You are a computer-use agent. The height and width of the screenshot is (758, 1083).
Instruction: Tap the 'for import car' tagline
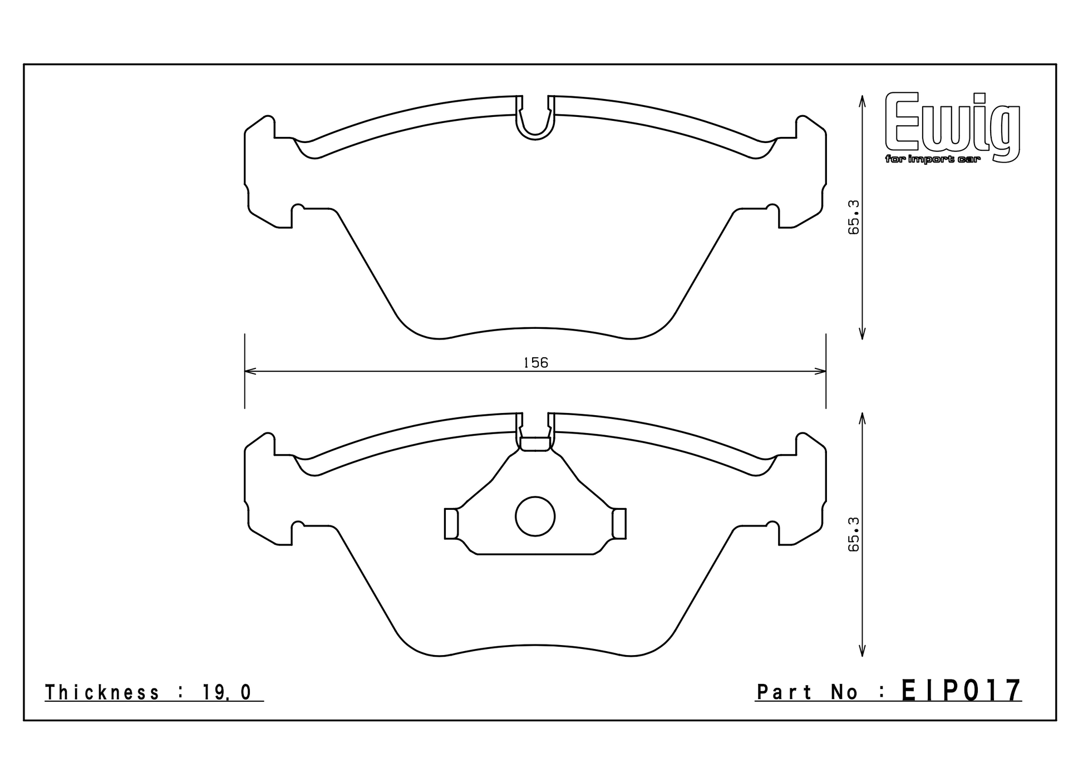click(x=933, y=160)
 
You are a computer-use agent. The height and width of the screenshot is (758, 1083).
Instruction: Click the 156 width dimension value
click(x=536, y=363)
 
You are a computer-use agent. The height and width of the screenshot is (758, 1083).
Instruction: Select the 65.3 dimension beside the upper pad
click(x=854, y=217)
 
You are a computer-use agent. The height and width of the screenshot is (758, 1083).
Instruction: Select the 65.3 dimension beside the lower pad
click(x=854, y=534)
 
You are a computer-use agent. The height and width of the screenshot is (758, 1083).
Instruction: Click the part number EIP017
click(x=962, y=691)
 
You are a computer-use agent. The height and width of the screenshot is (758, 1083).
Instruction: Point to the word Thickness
click(x=102, y=693)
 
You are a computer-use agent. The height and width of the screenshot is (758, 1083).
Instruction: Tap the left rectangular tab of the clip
click(x=451, y=524)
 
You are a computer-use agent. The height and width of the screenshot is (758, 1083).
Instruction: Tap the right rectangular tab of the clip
click(x=619, y=524)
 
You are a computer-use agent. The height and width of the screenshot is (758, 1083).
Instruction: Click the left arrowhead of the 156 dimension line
click(x=250, y=371)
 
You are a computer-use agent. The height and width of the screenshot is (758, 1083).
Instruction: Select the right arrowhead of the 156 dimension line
click(x=821, y=371)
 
